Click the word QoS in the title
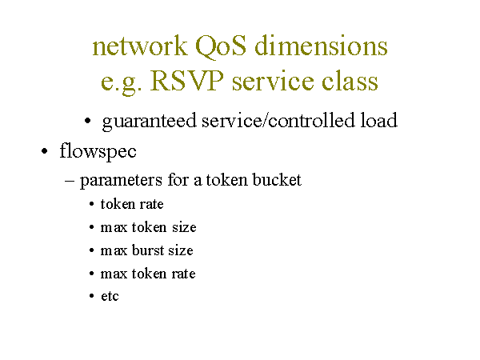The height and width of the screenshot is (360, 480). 221,46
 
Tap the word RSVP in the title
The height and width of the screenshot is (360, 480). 186,81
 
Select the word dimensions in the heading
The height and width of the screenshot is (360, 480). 321,46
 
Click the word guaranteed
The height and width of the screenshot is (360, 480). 149,122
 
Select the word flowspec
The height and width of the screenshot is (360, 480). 98,151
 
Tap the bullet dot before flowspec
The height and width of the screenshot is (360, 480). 45,151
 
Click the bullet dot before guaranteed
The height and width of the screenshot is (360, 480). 88,121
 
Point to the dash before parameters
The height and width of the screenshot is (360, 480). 70,181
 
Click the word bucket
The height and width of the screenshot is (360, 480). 277,180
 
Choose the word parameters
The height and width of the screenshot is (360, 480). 121,181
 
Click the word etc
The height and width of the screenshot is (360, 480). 110,296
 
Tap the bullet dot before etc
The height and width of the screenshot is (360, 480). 91,296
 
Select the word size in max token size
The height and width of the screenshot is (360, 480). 184,227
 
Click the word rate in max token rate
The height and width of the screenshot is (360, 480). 183,274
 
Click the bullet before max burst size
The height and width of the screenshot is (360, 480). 91,250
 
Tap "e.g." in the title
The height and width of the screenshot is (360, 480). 122,82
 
